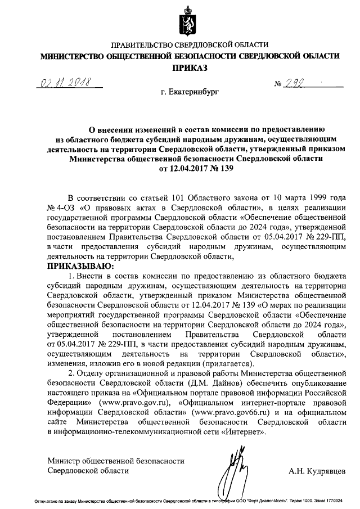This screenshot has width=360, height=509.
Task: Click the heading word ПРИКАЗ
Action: [189, 68]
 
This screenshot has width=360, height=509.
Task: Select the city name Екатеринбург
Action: [189, 91]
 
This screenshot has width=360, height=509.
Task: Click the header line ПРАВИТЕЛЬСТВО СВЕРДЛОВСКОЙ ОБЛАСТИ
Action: [189, 44]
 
